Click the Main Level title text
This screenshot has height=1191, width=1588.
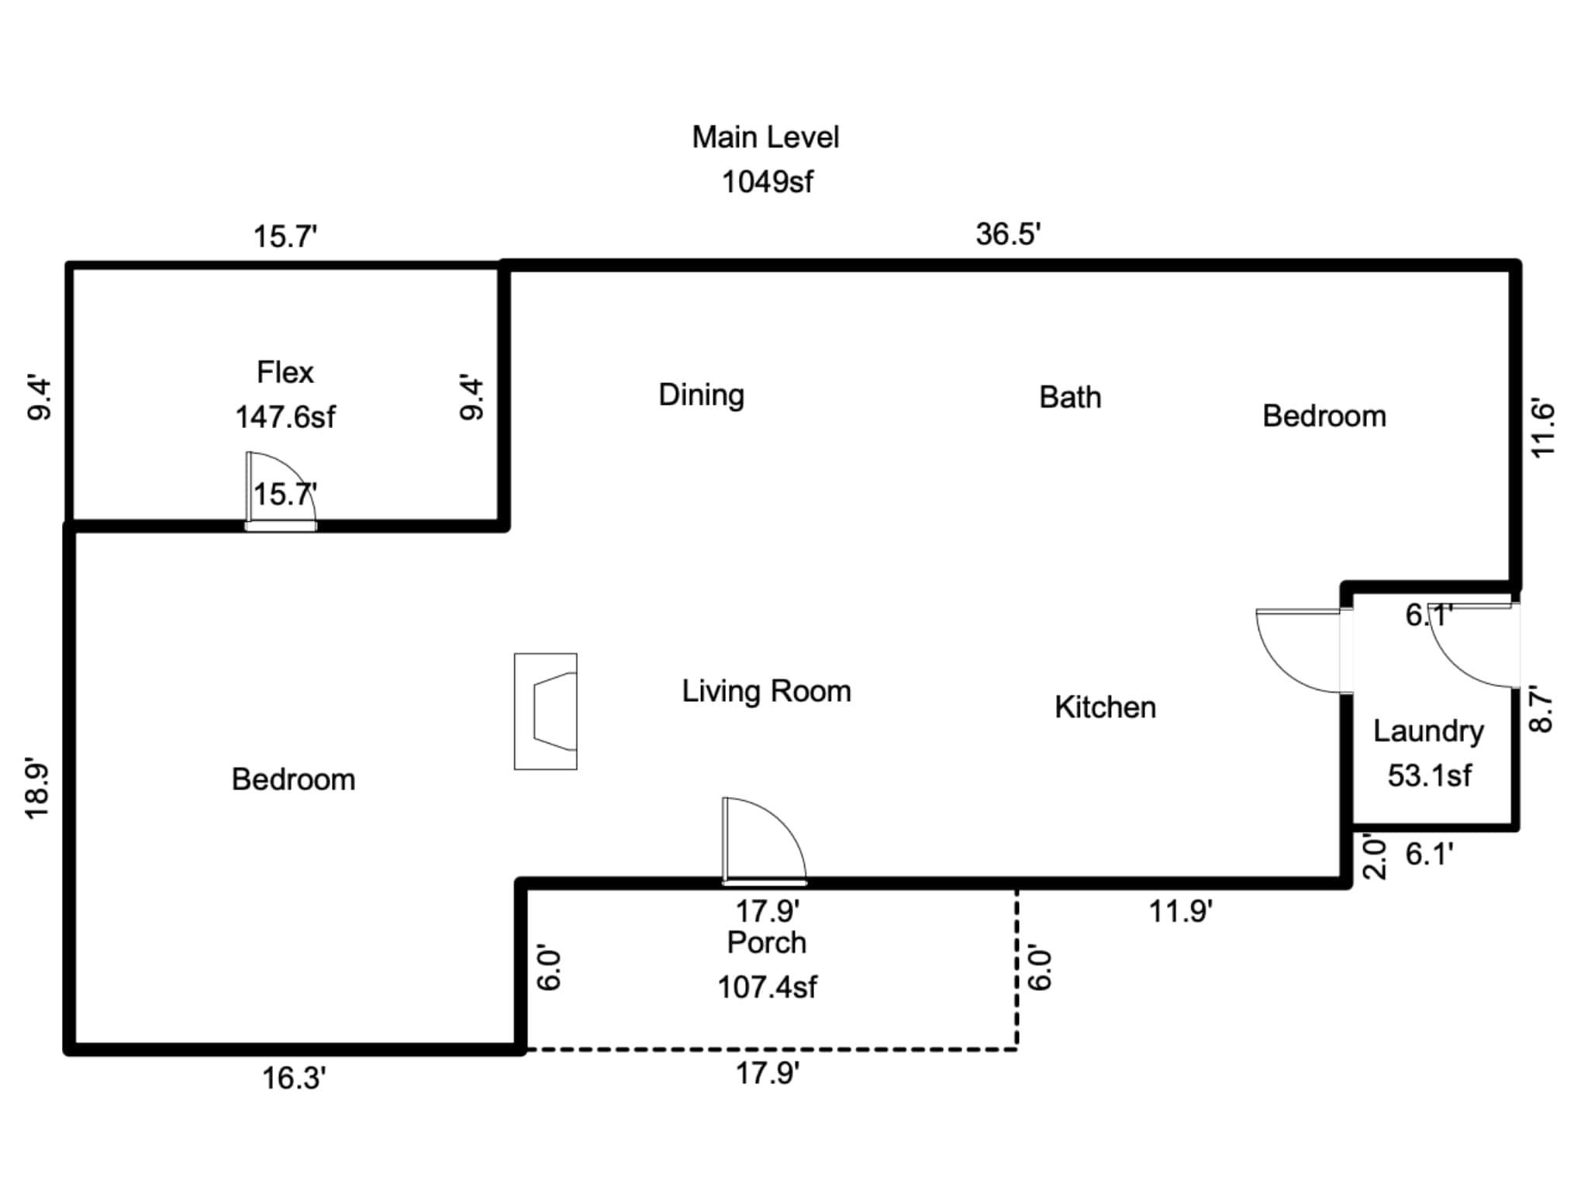[x=765, y=137]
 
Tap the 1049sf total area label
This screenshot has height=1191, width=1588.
[x=767, y=182]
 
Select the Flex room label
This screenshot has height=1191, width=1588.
[x=285, y=373]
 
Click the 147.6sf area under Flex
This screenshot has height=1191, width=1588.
[x=285, y=417]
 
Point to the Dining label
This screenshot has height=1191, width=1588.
[x=701, y=395]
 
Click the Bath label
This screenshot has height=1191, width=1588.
[x=1069, y=397]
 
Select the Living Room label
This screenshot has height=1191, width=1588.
[x=766, y=691]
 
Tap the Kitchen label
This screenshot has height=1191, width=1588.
[x=1105, y=707]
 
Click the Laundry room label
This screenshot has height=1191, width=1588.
[x=1428, y=731]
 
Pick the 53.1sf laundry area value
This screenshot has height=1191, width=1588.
[x=1428, y=775]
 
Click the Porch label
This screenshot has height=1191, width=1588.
[x=766, y=943]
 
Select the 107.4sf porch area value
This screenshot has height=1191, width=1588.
[x=766, y=987]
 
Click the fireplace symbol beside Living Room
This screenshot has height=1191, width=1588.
[x=546, y=711]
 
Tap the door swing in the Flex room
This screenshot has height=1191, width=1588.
[x=280, y=489]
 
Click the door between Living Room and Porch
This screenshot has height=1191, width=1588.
[x=764, y=841]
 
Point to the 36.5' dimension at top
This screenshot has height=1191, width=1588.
[x=1007, y=234]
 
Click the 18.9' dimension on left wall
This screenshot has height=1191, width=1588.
[x=37, y=788]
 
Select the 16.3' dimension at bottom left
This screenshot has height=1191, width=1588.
[x=293, y=1079]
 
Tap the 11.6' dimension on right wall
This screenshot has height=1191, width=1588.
[x=1542, y=429]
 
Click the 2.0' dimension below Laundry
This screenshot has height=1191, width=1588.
[x=1373, y=856]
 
